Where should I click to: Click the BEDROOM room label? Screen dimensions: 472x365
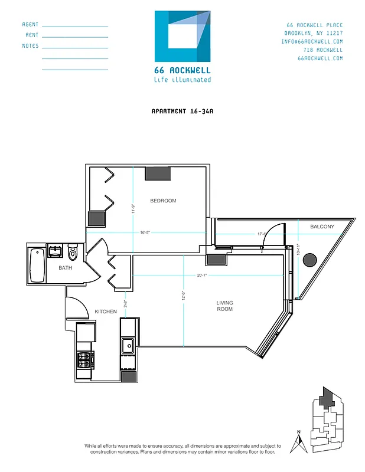(163, 201)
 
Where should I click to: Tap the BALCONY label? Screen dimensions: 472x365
(322, 227)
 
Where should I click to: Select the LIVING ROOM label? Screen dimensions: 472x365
(224, 306)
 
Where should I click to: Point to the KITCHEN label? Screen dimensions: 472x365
(106, 312)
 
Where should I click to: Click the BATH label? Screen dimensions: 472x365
(66, 268)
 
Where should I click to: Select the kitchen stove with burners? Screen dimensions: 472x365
(85, 358)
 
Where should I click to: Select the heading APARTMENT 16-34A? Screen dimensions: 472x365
(182, 111)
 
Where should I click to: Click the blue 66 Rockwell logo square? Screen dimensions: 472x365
(182, 36)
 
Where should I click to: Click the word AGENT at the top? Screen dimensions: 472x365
(30, 25)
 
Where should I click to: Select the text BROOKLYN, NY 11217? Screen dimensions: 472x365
(313, 33)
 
